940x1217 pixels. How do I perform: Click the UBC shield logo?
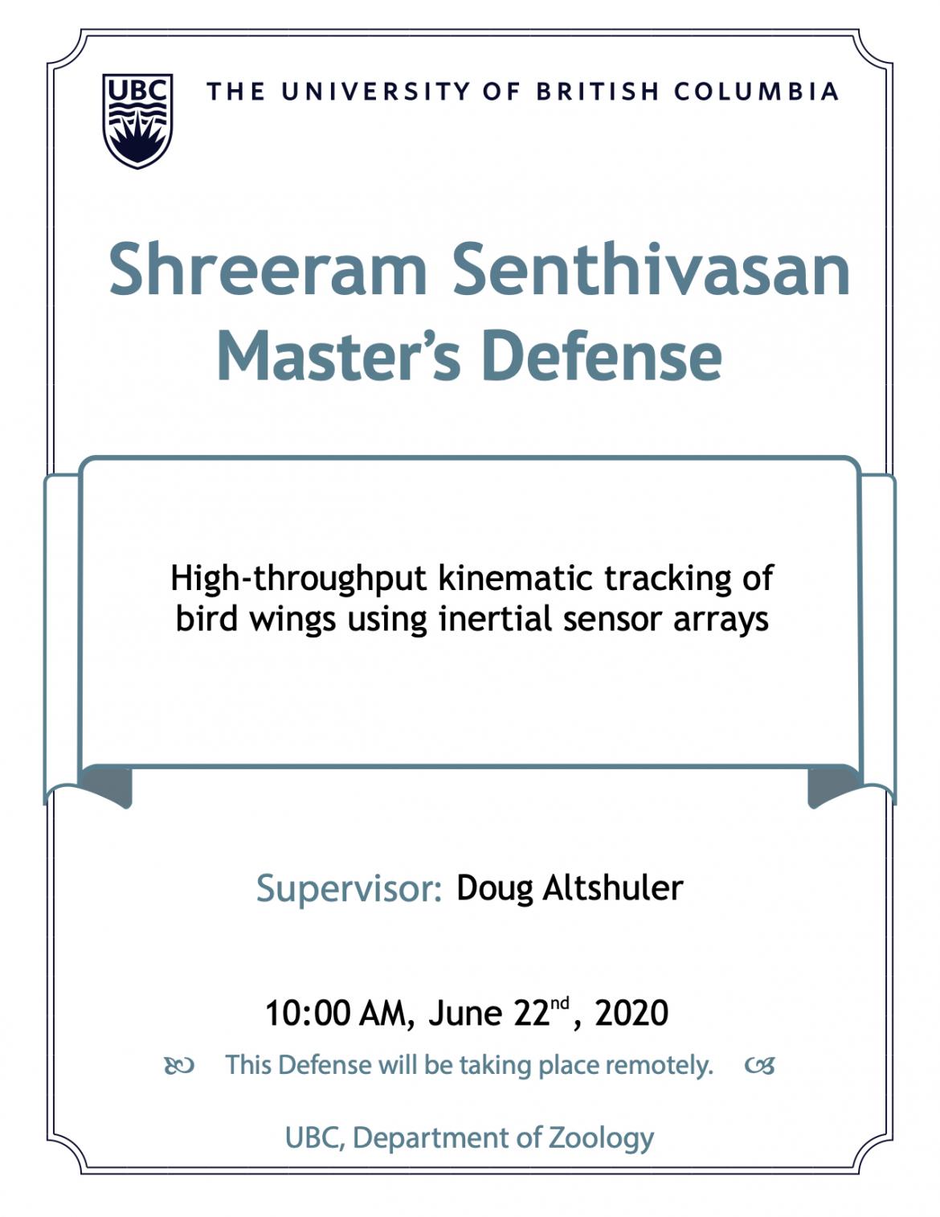pyautogui.click(x=137, y=121)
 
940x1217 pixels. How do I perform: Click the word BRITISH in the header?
pyautogui.click(x=597, y=92)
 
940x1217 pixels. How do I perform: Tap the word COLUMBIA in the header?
pyautogui.click(x=756, y=92)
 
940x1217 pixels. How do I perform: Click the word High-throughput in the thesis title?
pyautogui.click(x=299, y=579)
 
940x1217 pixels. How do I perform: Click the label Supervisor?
pyautogui.click(x=349, y=888)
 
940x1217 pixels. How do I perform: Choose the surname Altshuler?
pyautogui.click(x=613, y=887)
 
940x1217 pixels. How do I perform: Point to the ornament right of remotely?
pyautogui.click(x=759, y=1066)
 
